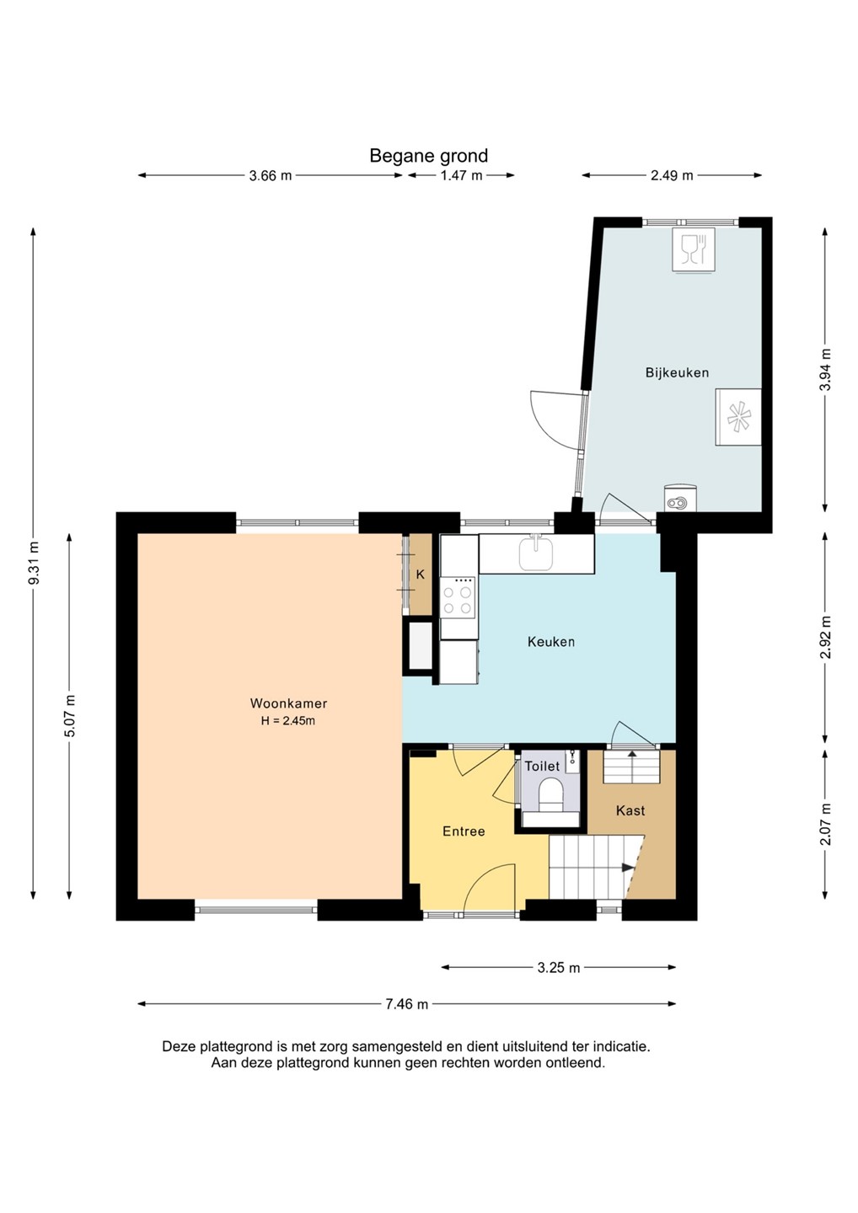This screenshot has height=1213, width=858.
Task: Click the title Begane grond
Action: (x=428, y=157)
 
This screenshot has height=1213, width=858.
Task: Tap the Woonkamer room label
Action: (x=288, y=703)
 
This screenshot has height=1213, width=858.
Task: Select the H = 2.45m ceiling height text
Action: (x=288, y=721)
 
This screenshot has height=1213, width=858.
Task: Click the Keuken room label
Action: (x=551, y=642)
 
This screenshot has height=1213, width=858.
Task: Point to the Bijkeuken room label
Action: (x=677, y=372)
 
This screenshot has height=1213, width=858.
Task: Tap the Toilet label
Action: (x=542, y=767)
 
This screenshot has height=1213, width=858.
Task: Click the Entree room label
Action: (x=464, y=831)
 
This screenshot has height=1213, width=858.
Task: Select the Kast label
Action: (x=630, y=810)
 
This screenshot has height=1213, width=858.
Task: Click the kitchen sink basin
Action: (x=536, y=553)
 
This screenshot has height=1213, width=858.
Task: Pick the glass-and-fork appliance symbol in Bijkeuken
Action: (x=694, y=249)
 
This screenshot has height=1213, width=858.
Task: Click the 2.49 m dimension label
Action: (x=672, y=175)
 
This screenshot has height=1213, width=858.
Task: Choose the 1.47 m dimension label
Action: (x=461, y=175)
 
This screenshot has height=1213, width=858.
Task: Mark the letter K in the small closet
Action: (x=421, y=575)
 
